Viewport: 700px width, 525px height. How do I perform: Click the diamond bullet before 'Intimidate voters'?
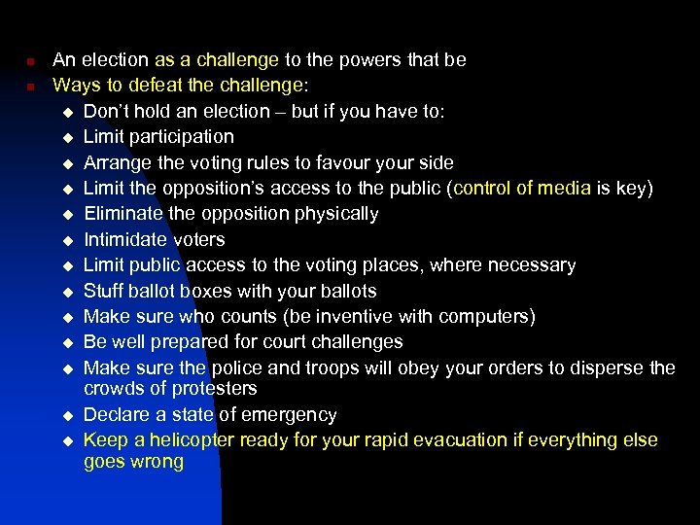point(67,240)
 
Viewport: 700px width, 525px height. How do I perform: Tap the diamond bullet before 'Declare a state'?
point(67,415)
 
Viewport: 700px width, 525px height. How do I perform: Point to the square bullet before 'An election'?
point(30,60)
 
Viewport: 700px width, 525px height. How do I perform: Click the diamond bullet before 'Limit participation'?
point(67,138)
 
